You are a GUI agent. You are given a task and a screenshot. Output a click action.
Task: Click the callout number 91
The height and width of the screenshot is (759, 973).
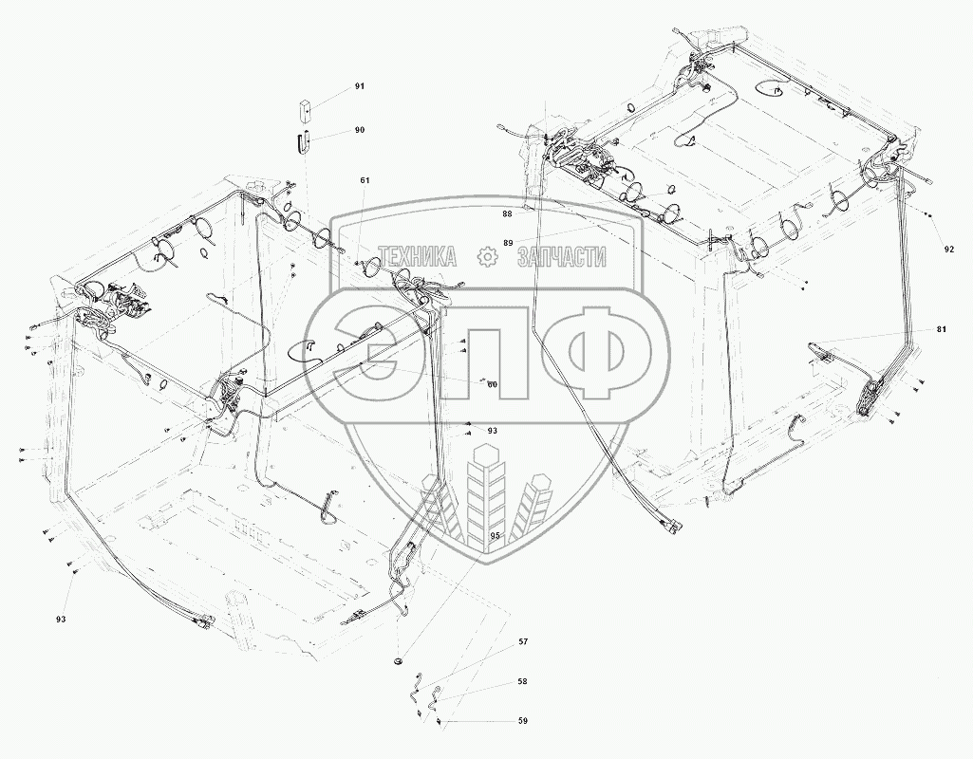pyautogui.click(x=360, y=86)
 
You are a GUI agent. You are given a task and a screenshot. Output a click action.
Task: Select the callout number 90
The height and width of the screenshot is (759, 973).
pyautogui.click(x=360, y=130)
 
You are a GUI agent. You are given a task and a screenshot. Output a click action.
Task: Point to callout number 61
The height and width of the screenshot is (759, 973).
pyautogui.click(x=365, y=180)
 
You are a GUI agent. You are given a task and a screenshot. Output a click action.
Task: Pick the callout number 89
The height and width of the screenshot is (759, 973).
pyautogui.click(x=509, y=244)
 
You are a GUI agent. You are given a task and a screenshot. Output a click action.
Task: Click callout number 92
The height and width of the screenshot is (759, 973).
pyautogui.click(x=949, y=250)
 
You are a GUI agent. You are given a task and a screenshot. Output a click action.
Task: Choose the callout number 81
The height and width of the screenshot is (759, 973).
pyautogui.click(x=941, y=329)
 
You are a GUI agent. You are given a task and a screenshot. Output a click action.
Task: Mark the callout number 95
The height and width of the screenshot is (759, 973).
pyautogui.click(x=495, y=535)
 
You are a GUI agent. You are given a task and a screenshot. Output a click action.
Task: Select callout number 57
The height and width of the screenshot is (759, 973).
pyautogui.click(x=522, y=642)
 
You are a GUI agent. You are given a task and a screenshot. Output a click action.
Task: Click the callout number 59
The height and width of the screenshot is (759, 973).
pyautogui.click(x=522, y=722)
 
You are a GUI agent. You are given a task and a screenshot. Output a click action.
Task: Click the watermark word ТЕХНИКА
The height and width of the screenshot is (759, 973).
pyautogui.click(x=417, y=256)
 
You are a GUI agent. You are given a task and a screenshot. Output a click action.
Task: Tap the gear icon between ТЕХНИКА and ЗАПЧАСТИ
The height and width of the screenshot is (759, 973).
pyautogui.click(x=487, y=256)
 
